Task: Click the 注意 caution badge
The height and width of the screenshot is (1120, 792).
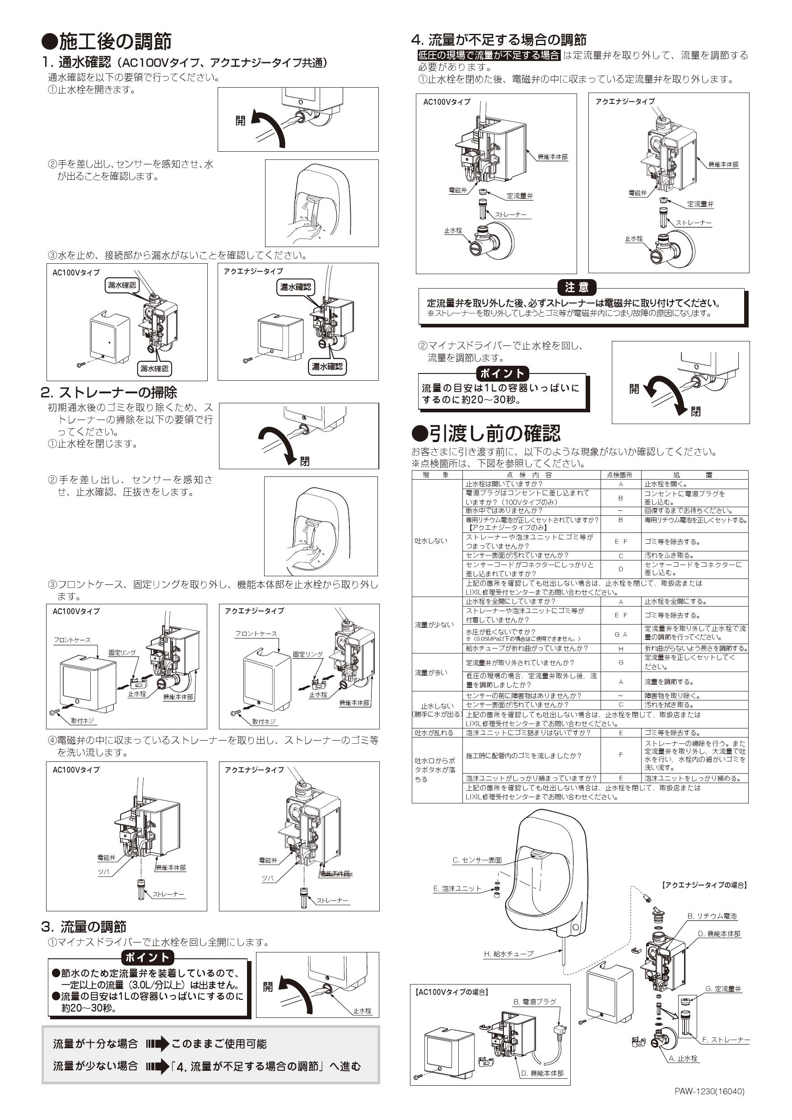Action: tap(577, 287)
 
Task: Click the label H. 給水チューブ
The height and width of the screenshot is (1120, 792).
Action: tap(508, 954)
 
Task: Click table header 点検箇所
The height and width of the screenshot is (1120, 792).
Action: tap(620, 475)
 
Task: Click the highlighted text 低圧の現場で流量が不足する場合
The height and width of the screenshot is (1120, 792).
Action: tap(489, 55)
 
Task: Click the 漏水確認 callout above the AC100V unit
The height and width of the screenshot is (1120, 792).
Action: tap(122, 285)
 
